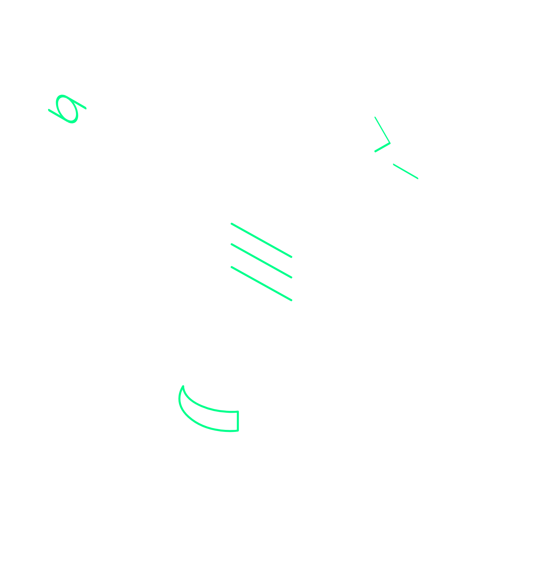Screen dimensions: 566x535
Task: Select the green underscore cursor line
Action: (x=406, y=171)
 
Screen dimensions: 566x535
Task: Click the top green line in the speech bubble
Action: (x=261, y=240)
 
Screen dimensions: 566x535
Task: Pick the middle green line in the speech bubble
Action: (x=261, y=261)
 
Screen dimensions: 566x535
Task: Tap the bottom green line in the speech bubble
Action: (x=261, y=283)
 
